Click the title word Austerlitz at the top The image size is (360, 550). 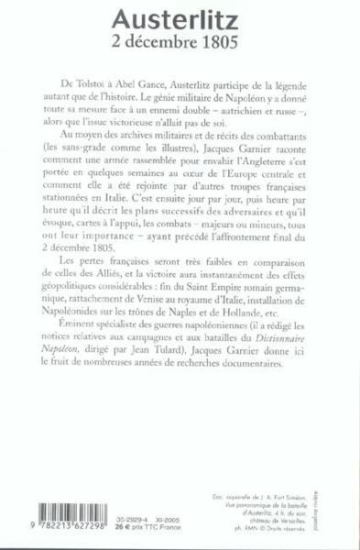point(180,17)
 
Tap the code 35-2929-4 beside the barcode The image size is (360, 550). point(101,517)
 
